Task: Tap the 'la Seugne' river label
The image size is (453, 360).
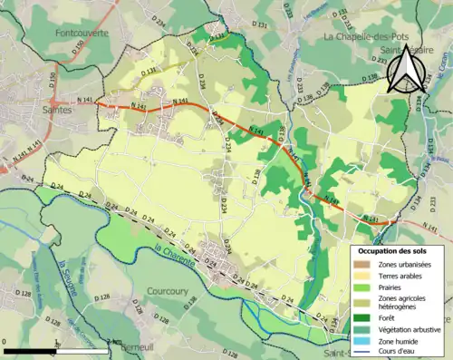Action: [x=67, y=271]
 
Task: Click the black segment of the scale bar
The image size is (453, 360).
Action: [x=31, y=350]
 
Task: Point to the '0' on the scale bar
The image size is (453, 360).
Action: [x=5, y=342]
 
